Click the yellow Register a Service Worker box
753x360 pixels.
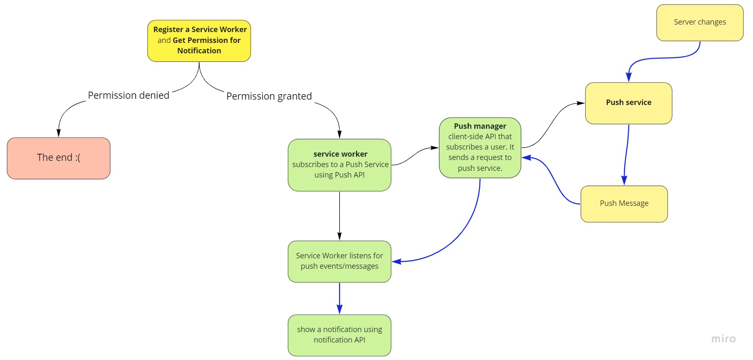tap(199, 41)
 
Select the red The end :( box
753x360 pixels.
tap(59, 158)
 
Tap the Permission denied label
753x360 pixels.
tap(128, 95)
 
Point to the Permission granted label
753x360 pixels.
tap(269, 96)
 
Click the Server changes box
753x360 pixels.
tap(700, 22)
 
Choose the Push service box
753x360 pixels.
tap(628, 103)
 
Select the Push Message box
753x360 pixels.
tap(624, 204)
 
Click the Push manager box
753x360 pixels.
tap(480, 147)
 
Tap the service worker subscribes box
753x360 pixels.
tap(339, 165)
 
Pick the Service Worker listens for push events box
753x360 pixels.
tap(339, 261)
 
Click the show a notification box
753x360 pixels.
tap(339, 335)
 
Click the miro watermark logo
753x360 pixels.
tap(723, 339)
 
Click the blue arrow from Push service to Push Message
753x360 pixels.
tap(626, 154)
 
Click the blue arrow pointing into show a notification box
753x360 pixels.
tap(339, 298)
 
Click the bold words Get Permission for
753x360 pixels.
tap(207, 40)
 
